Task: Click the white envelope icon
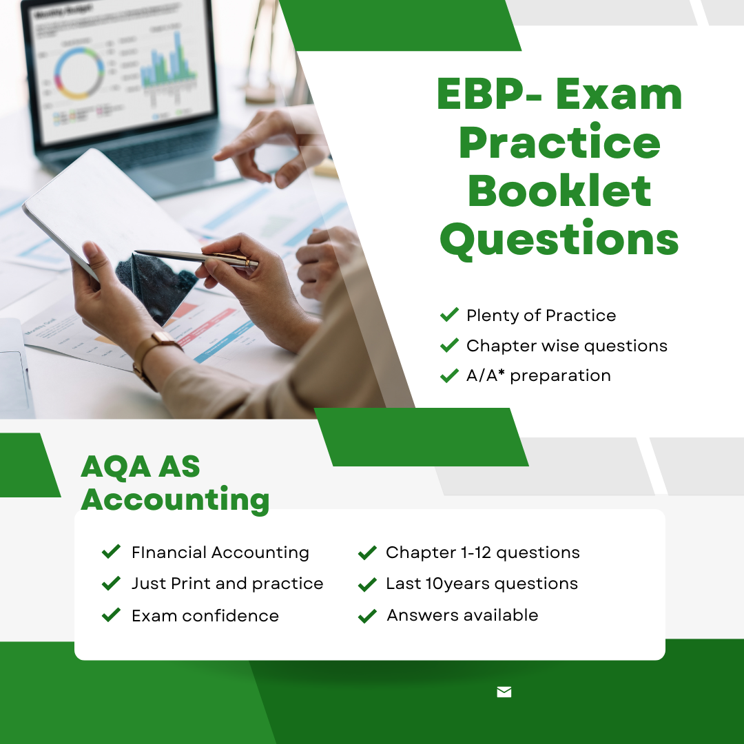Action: (x=504, y=692)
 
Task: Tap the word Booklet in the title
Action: (x=559, y=191)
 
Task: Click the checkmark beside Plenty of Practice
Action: (x=449, y=314)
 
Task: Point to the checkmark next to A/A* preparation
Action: (x=449, y=375)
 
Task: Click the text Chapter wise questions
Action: (x=566, y=346)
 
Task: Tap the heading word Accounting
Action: (x=175, y=499)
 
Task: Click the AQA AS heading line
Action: (x=141, y=466)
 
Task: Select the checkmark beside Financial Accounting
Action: (x=111, y=551)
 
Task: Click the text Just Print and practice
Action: (x=227, y=583)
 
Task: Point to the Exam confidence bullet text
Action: (x=205, y=615)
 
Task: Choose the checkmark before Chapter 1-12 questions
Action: (x=367, y=552)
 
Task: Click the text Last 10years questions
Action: (x=482, y=583)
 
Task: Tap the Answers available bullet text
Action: (x=462, y=615)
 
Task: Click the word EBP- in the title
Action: (x=489, y=94)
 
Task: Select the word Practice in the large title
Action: (x=559, y=142)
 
